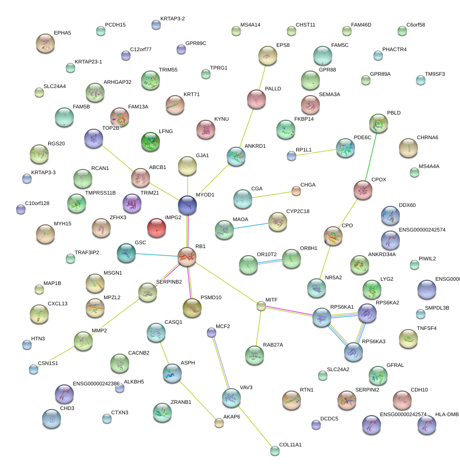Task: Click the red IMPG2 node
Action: (157, 228)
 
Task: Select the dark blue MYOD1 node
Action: (187, 205)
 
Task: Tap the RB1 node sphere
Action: (187, 256)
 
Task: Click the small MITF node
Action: (261, 306)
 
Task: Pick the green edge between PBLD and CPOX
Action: (370, 157)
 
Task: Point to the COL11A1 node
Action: (275, 450)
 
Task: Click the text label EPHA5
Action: (62, 33)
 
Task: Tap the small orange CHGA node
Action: (296, 191)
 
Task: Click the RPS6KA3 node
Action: (353, 352)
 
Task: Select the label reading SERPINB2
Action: (169, 282)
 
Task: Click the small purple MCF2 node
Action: (212, 332)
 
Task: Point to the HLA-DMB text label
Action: (447, 415)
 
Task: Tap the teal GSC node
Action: (126, 253)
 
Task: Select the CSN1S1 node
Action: (34, 369)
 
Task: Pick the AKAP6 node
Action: (219, 423)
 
